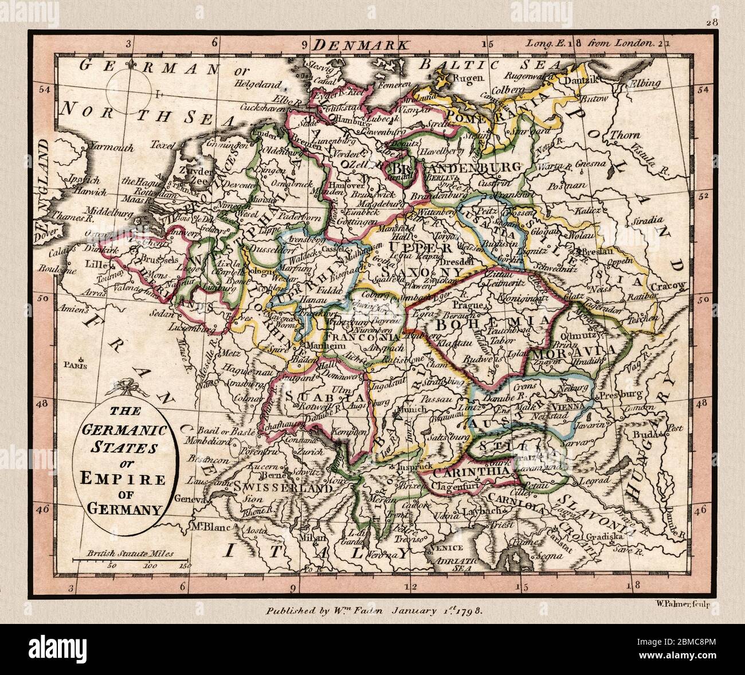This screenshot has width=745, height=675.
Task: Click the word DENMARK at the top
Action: tap(362, 44)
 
